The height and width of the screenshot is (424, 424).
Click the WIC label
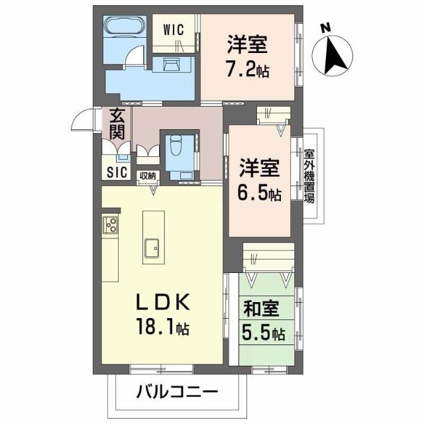click(174, 29)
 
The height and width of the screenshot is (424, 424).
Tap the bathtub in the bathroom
click(125, 26)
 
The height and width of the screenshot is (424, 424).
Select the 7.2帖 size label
click(248, 70)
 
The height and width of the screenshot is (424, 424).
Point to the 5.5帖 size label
click(264, 333)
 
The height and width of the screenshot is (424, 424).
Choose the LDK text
click(162, 302)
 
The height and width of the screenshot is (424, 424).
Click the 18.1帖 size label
click(163, 327)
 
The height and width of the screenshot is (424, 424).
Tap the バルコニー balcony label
click(177, 392)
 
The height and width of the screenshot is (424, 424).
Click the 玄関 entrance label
click(117, 124)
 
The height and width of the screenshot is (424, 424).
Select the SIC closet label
click(117, 172)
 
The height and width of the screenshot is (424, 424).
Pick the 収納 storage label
click(148, 176)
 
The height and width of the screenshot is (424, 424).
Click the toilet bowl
click(176, 144)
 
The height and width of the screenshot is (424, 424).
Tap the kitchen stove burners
click(111, 225)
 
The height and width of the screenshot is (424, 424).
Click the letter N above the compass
click(326, 28)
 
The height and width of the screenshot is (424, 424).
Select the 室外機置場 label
click(309, 176)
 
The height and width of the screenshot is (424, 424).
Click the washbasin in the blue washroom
click(172, 65)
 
